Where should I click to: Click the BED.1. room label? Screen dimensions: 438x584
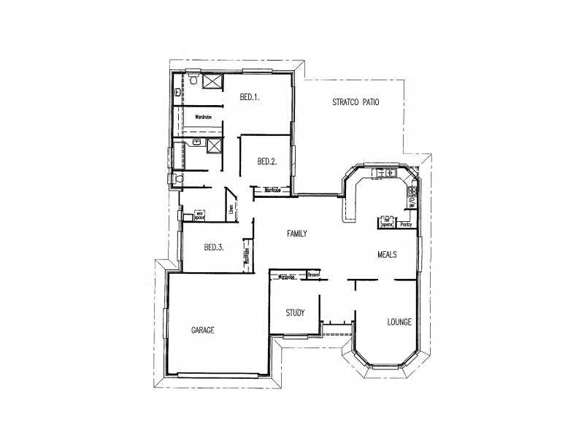click(x=250, y=96)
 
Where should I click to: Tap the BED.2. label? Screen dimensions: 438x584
click(x=266, y=161)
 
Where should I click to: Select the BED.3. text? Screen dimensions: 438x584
click(x=214, y=247)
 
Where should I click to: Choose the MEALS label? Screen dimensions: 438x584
click(x=387, y=255)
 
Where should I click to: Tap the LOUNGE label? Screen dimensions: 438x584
click(x=399, y=322)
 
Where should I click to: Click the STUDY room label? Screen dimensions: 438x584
click(x=294, y=313)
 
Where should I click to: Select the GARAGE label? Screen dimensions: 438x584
click(x=202, y=330)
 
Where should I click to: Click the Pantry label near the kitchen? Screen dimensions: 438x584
click(x=406, y=225)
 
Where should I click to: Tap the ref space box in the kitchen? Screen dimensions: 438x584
click(x=386, y=223)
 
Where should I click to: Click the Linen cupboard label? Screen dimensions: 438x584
click(x=231, y=210)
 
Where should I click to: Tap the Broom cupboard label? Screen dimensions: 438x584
click(x=313, y=275)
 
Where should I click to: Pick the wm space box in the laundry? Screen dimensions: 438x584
click(x=200, y=215)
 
